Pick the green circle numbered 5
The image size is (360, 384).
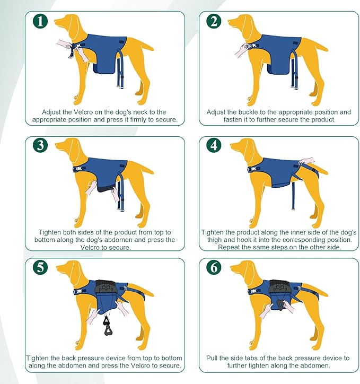(40, 267)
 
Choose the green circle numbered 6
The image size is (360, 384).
(214, 267)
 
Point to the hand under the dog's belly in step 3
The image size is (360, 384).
(93, 188)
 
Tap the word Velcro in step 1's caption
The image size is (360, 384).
(86, 112)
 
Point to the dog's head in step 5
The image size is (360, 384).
(69, 268)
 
